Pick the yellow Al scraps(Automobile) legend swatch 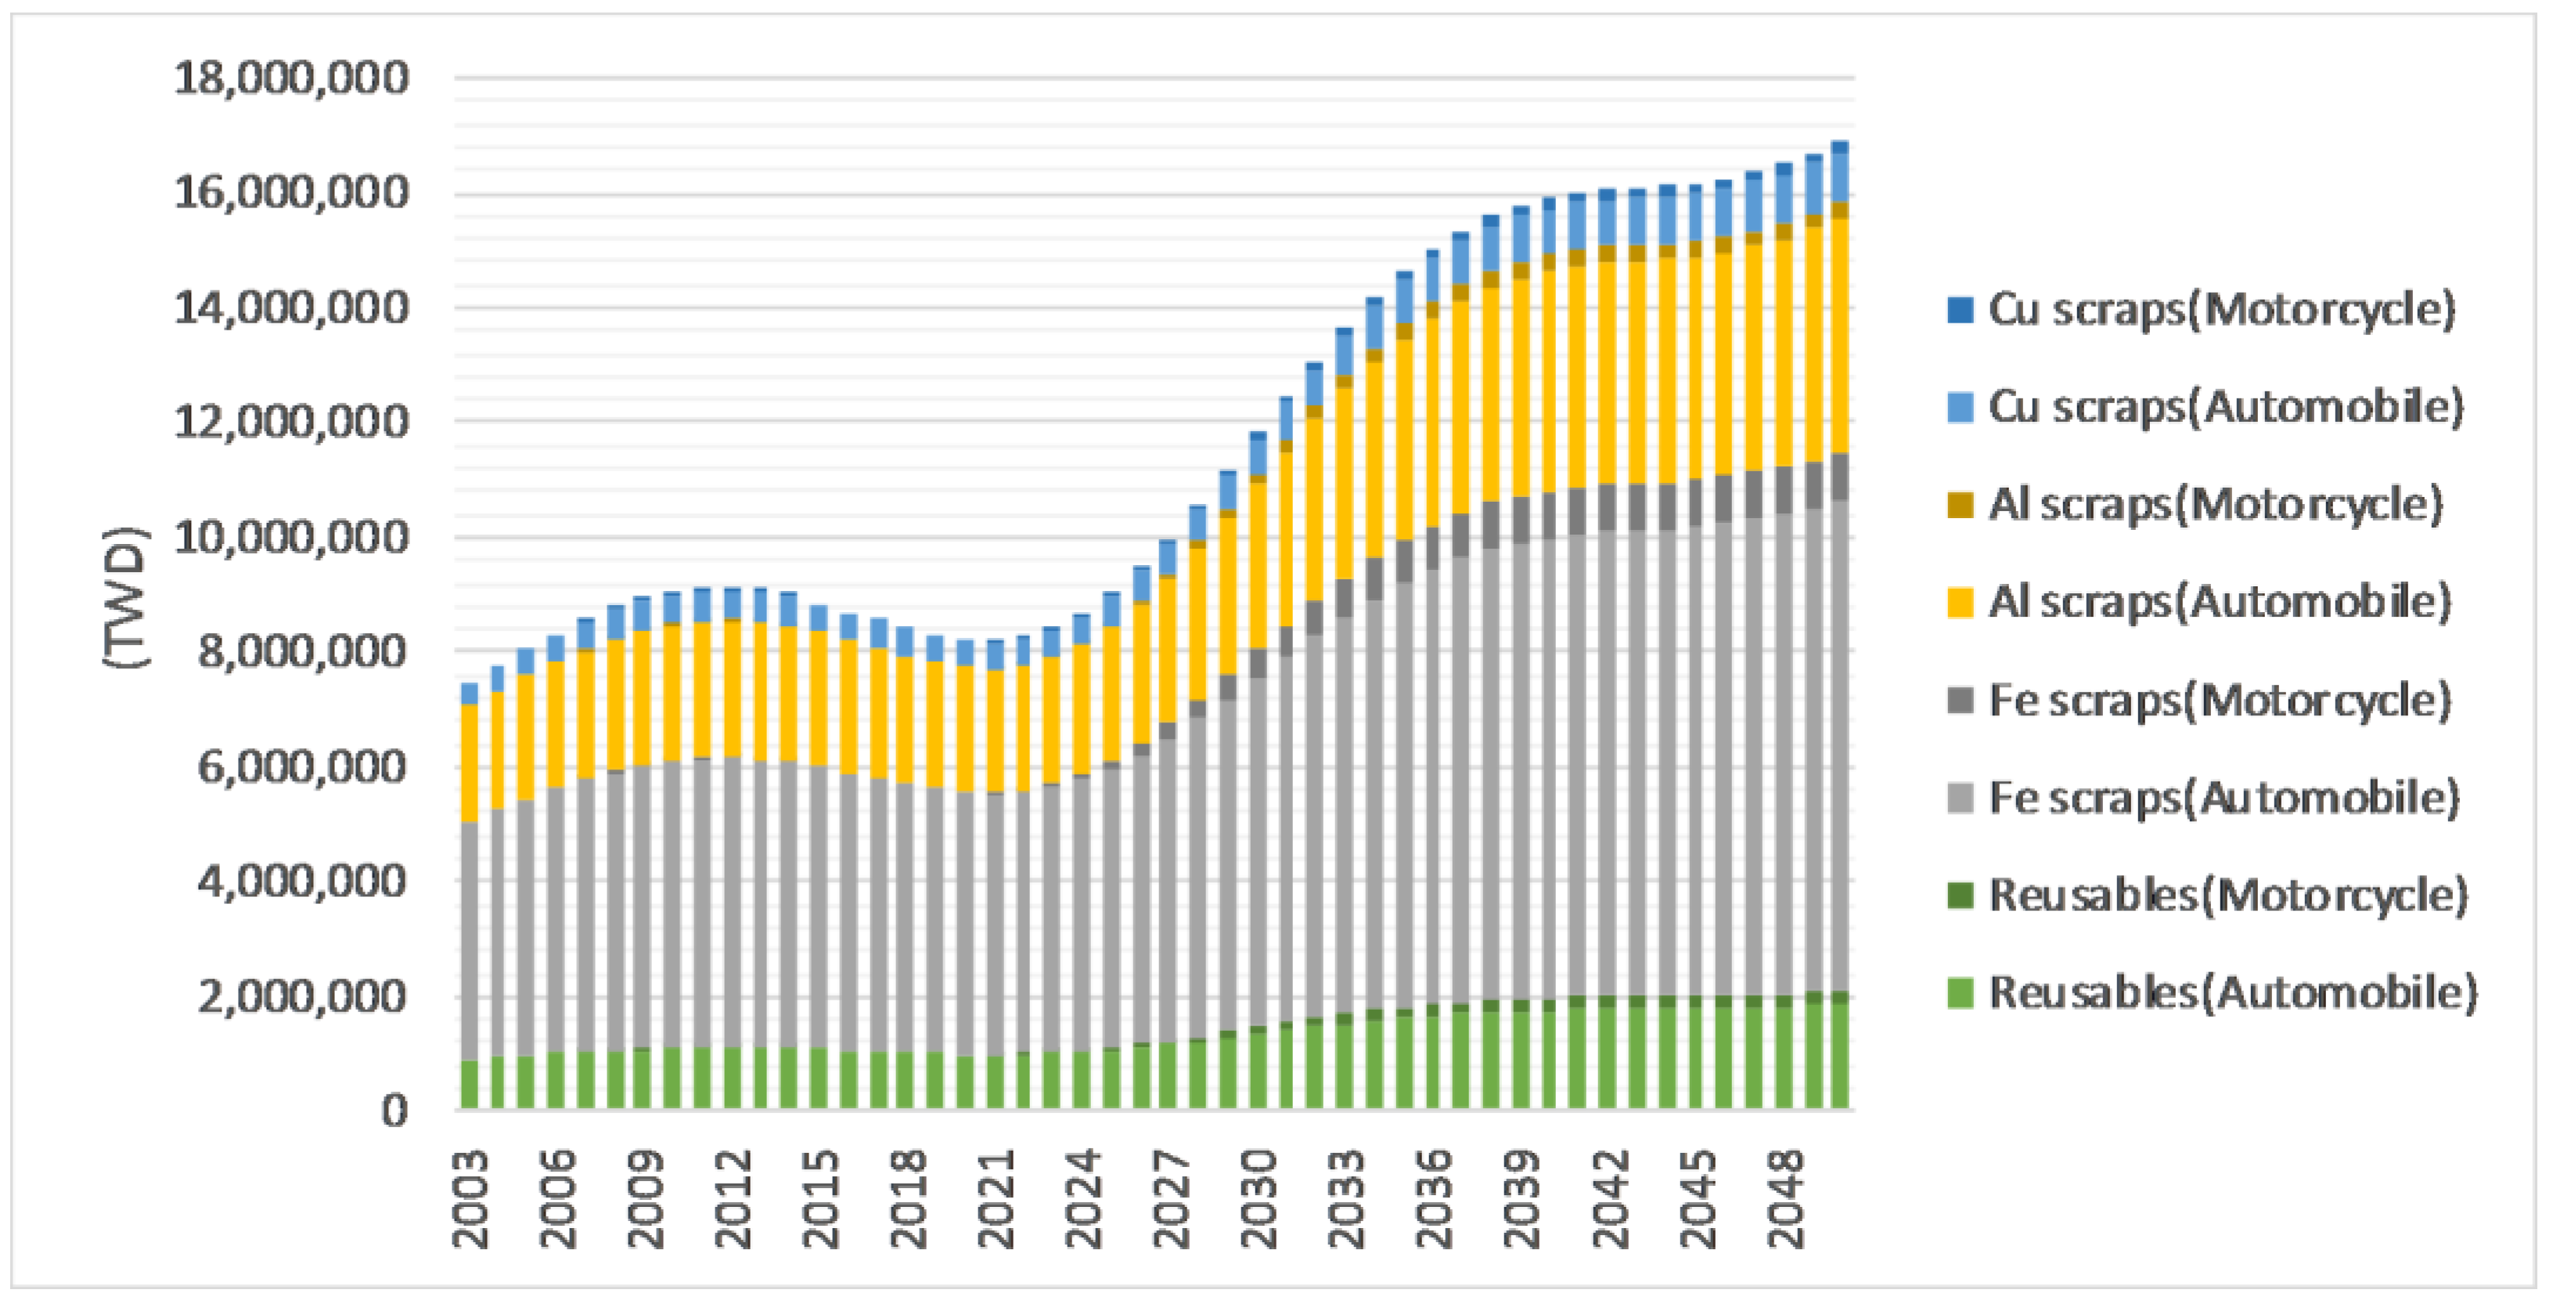pyautogui.click(x=1959, y=603)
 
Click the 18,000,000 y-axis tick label pyautogui.click(x=290, y=77)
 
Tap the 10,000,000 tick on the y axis pyautogui.click(x=290, y=537)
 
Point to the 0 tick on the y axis pyautogui.click(x=394, y=1111)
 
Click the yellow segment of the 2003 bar pyautogui.click(x=470, y=763)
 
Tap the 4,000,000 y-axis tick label pyautogui.click(x=301, y=881)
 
